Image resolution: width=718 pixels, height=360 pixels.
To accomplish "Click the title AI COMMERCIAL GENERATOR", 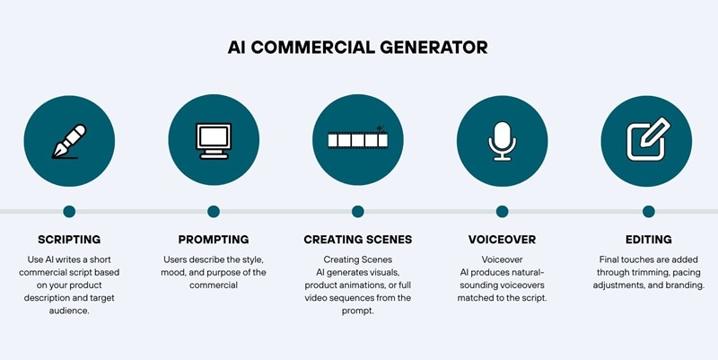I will click(x=357, y=47).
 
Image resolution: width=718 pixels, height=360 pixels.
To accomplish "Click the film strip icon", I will click(x=357, y=140).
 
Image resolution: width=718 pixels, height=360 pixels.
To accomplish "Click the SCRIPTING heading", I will click(x=69, y=240).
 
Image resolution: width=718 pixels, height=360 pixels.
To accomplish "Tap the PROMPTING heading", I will click(x=214, y=240).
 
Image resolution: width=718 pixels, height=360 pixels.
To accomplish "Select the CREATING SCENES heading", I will click(x=357, y=240).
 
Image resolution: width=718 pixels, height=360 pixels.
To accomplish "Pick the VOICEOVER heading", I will click(x=502, y=240).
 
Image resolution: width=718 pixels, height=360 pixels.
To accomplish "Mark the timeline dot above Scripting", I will click(x=69, y=212).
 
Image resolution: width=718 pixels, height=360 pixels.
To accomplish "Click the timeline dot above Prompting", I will click(x=214, y=212).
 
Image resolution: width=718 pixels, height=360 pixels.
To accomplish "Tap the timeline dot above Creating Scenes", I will click(x=358, y=212).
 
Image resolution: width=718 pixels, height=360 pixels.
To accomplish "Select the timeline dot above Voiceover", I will click(x=502, y=212).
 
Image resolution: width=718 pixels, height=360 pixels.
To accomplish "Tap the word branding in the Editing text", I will click(x=681, y=285).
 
